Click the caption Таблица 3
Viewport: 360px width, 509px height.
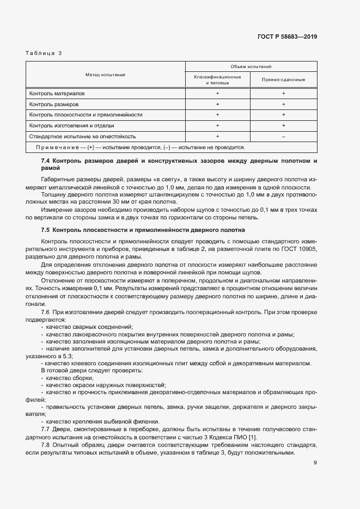tap(44, 53)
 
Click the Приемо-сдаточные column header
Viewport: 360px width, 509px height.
tap(283, 79)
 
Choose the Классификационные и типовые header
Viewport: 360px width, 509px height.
tap(217, 79)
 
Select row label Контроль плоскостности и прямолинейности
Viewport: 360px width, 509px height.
tap(86, 115)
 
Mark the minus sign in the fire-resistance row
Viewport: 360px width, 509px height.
tap(283, 136)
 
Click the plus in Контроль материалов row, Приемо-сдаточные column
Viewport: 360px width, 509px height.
tap(283, 94)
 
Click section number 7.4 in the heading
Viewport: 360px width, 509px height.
tap(45, 162)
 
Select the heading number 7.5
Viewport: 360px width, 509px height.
tap(45, 230)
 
